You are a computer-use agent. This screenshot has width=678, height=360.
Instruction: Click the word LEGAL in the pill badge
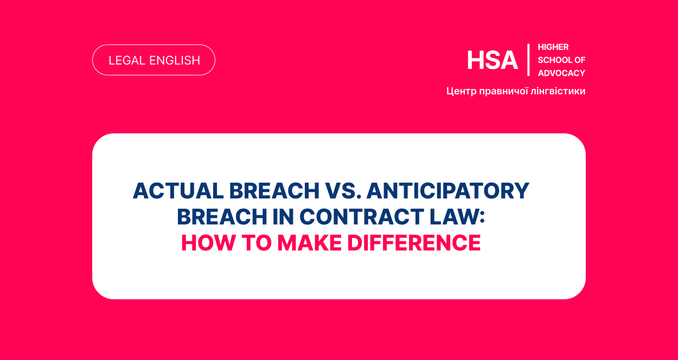pos(127,61)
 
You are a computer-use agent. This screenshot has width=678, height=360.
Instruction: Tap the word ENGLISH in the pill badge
pos(175,61)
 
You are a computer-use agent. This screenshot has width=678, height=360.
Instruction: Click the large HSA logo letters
pos(492,61)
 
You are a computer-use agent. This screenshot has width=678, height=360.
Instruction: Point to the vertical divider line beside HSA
pos(528,60)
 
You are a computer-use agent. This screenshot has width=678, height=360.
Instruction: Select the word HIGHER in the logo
pos(553,47)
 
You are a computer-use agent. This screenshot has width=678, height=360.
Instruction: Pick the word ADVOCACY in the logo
pos(561,73)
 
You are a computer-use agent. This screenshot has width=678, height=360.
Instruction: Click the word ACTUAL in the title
pos(178,191)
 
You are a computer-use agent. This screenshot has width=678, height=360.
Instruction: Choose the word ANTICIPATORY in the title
pos(447,191)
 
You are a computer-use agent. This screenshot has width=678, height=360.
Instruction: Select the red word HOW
pos(208,243)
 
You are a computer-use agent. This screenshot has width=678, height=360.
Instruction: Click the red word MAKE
pos(310,243)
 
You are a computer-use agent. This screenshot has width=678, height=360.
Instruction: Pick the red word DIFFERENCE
pos(414,243)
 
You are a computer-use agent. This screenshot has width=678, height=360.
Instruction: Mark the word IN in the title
pos(283,217)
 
